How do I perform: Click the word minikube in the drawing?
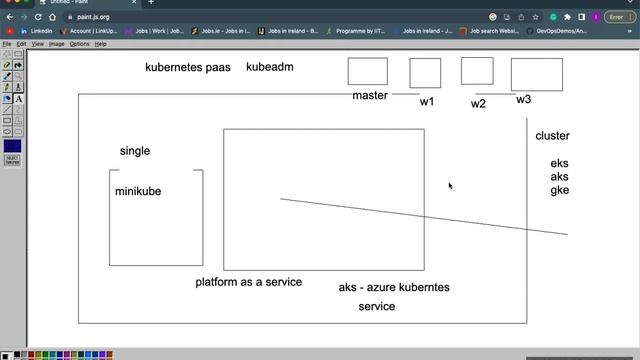pyautogui.click(x=137, y=192)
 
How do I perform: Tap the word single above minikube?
pyautogui.click(x=135, y=151)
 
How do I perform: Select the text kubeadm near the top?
pyautogui.click(x=269, y=67)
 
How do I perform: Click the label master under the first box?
pyautogui.click(x=369, y=96)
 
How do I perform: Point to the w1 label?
pyautogui.click(x=427, y=102)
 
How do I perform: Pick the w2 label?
pyautogui.click(x=478, y=104)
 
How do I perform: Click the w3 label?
pyautogui.click(x=524, y=100)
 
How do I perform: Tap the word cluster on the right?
pyautogui.click(x=552, y=136)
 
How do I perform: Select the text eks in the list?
pyautogui.click(x=559, y=164)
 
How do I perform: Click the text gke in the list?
pyautogui.click(x=559, y=190)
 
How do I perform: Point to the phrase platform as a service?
pyautogui.click(x=248, y=282)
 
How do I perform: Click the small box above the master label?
pyautogui.click(x=367, y=72)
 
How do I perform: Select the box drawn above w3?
pyautogui.click(x=536, y=75)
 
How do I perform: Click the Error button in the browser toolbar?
pyautogui.click(x=615, y=17)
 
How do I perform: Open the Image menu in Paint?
pyautogui.click(x=57, y=44)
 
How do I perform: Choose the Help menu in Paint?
pyautogui.click(x=101, y=44)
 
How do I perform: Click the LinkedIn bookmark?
pyautogui.click(x=37, y=31)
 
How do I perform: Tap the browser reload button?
pyautogui.click(x=38, y=17)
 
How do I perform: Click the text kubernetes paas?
pyautogui.click(x=188, y=67)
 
